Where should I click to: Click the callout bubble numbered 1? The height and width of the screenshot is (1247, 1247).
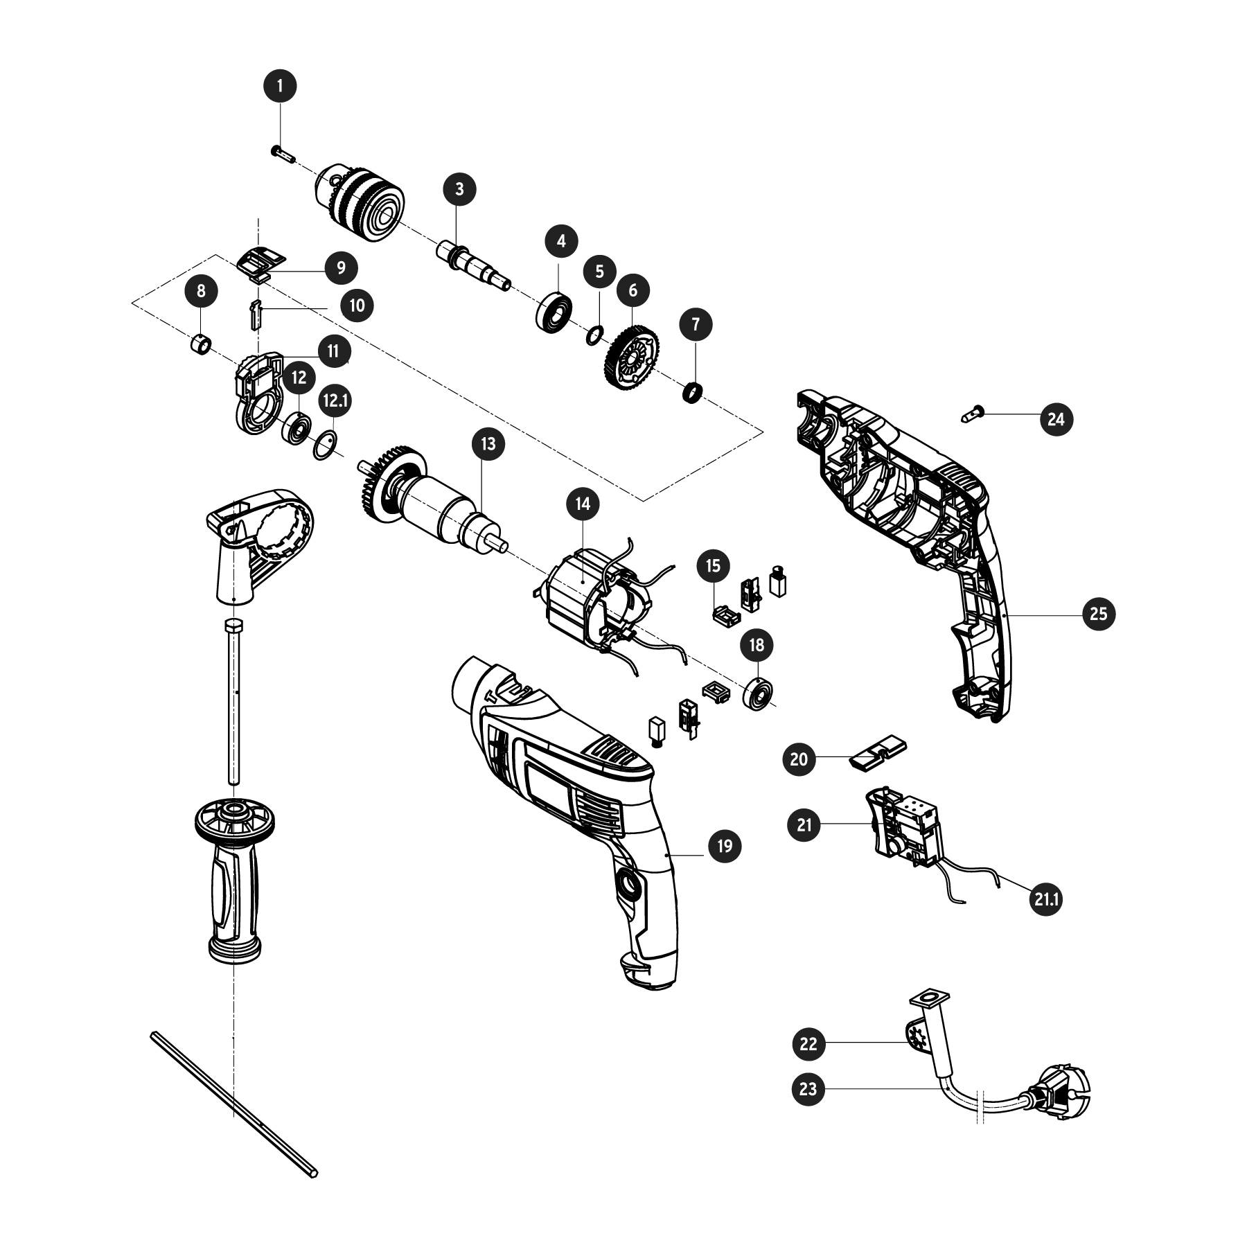click(280, 86)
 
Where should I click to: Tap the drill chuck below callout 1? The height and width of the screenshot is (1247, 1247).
click(359, 201)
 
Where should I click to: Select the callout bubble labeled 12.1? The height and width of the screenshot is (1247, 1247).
click(335, 400)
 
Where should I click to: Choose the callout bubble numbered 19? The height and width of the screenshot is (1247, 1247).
click(725, 846)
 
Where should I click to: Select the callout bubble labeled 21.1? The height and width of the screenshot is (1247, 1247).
click(1046, 900)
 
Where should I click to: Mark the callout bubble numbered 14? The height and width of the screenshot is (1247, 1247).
click(583, 503)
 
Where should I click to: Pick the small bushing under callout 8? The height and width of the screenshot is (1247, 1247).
click(200, 344)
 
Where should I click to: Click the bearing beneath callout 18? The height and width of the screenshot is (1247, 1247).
click(759, 694)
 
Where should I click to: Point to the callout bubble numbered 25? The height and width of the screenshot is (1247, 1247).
click(1099, 614)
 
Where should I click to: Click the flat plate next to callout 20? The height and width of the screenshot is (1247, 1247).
click(877, 752)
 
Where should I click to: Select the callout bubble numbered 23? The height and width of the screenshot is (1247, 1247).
click(808, 1090)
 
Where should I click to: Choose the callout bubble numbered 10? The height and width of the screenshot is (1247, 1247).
click(357, 305)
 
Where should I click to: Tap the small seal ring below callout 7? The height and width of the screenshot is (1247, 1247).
click(693, 392)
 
